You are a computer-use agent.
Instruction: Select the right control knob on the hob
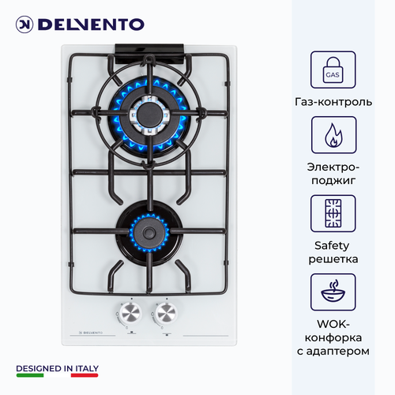(167, 313)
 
